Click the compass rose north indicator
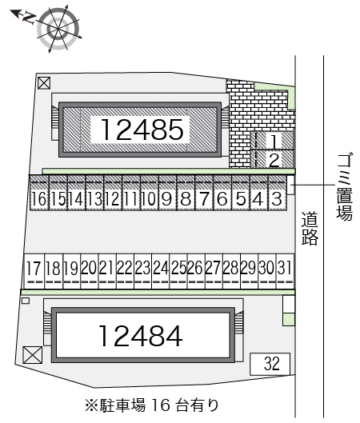tap(24, 17)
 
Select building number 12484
tap(141, 336)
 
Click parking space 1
tap(274, 141)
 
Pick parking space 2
tap(274, 159)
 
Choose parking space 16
tap(39, 193)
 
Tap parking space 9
tap(167, 193)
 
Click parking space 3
tap(277, 193)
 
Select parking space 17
tap(34, 271)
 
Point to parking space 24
tap(161, 271)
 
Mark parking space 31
tap(286, 271)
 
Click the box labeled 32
tap(270, 364)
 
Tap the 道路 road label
tap(310, 229)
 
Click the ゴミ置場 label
tap(344, 187)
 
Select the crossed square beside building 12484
tap(33, 355)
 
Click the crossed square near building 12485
tap(44, 83)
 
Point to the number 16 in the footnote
tap(161, 405)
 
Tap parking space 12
tap(113, 193)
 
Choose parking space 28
tap(232, 271)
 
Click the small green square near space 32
tap(289, 320)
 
